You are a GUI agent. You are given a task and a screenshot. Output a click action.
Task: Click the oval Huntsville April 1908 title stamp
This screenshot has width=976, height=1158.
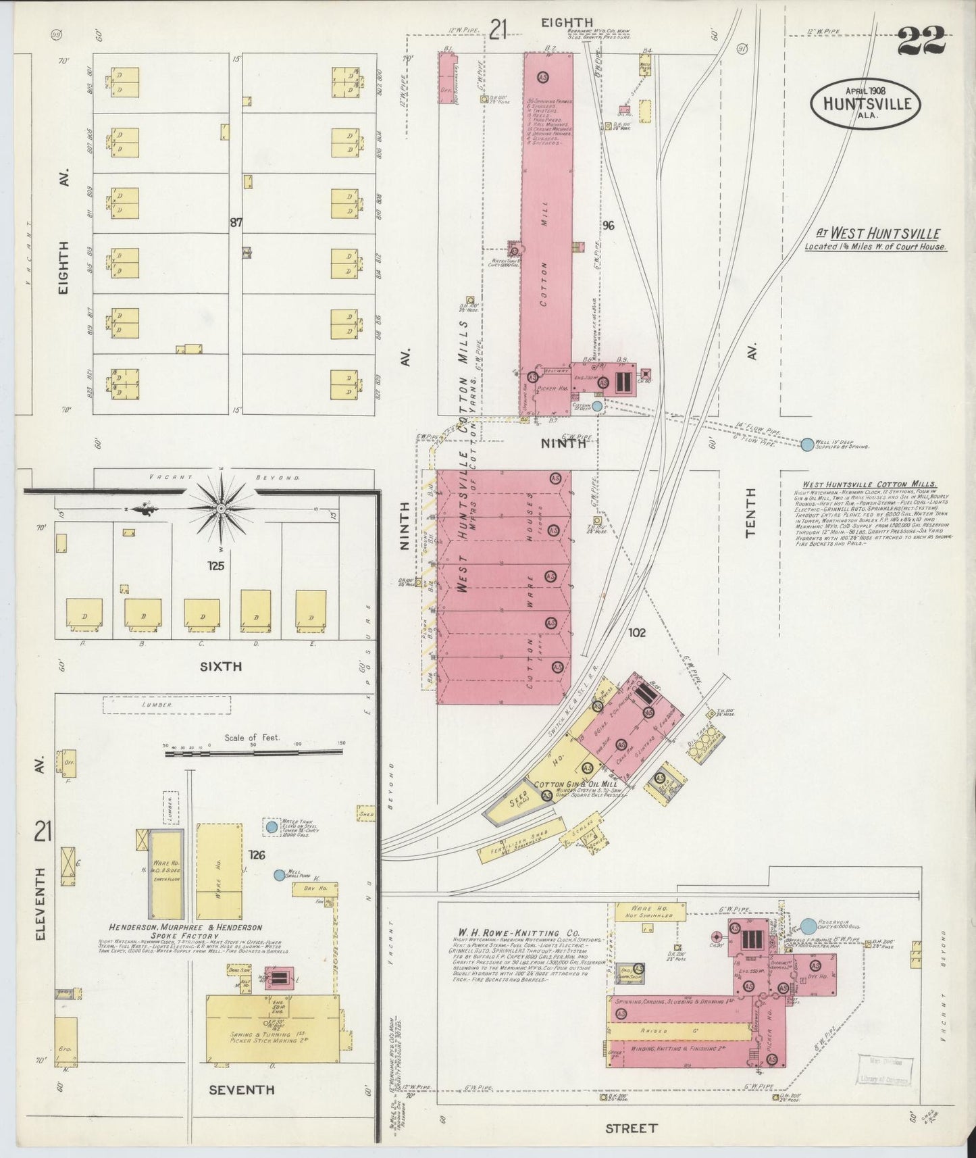click(865, 104)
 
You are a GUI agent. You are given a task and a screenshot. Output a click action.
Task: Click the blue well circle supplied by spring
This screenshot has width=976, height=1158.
click(807, 445)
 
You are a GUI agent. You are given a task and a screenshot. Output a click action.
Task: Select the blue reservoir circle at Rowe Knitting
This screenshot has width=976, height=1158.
click(808, 926)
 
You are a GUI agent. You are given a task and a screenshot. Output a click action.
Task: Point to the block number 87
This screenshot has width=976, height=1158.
click(236, 222)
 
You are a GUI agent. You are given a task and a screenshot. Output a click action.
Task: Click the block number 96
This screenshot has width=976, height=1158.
click(608, 226)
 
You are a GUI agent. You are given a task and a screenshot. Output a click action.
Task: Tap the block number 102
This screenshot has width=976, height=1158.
click(636, 633)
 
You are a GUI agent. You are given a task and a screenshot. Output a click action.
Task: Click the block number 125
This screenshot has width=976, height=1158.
click(216, 566)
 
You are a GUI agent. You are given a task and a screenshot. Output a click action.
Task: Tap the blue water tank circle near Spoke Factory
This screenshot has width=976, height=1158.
click(272, 827)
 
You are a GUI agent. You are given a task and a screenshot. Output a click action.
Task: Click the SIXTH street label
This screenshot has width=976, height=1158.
click(221, 667)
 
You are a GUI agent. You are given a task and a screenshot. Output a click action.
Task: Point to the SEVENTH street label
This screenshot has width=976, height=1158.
click(241, 1090)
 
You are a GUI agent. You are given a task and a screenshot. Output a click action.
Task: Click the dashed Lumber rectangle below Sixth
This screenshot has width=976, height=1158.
click(166, 705)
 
